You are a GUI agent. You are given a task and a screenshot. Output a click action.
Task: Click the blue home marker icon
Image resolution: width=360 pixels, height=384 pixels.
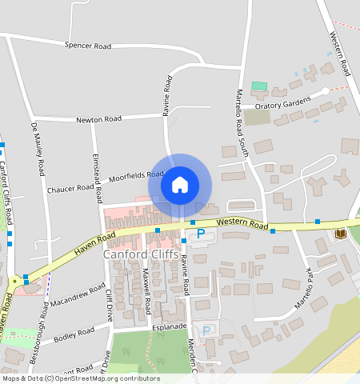[x=180, y=185]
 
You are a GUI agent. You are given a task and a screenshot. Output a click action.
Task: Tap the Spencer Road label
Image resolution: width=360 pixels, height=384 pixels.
[x=88, y=46]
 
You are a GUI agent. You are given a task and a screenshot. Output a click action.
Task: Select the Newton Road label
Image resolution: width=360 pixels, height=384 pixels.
[x=98, y=119]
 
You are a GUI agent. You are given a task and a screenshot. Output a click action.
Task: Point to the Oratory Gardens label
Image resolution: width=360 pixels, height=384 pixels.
[x=282, y=106]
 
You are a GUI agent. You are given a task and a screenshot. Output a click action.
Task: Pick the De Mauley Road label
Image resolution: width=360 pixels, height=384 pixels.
[x=38, y=150]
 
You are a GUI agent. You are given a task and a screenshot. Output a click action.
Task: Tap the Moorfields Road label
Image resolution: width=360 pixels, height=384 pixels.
[x=136, y=174]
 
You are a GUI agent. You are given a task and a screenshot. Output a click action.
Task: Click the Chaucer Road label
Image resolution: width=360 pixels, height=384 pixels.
[x=70, y=189]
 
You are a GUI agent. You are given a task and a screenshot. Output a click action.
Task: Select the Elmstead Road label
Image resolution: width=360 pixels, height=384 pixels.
[x=97, y=175]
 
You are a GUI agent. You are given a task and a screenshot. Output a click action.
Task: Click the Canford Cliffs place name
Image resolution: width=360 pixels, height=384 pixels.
[x=140, y=254]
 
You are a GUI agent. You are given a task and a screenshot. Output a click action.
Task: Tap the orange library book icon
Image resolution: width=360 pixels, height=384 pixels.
[x=341, y=233]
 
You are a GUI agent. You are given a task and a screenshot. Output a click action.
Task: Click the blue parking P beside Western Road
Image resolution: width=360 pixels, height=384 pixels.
[x=201, y=233]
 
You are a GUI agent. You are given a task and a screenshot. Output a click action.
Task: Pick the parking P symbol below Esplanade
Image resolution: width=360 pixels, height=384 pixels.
[x=206, y=330]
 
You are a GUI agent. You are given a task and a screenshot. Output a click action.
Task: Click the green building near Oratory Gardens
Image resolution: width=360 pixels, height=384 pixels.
[x=258, y=86]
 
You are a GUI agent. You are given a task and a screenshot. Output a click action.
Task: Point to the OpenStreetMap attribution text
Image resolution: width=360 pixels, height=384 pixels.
[x=80, y=378]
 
